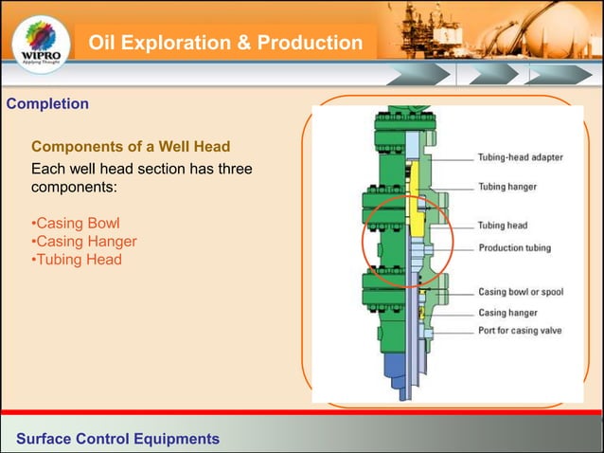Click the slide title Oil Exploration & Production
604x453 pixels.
pyautogui.click(x=225, y=44)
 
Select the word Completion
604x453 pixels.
pyautogui.click(x=47, y=103)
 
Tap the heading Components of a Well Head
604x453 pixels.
pyautogui.click(x=132, y=148)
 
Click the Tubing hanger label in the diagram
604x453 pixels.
pyautogui.click(x=507, y=187)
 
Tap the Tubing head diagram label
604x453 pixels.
pyautogui.click(x=503, y=226)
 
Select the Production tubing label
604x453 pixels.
pyautogui.click(x=514, y=248)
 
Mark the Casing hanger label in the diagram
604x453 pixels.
pyautogui.click(x=507, y=312)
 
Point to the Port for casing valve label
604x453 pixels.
pyautogui.click(x=521, y=331)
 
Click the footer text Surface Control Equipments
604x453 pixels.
pyautogui.click(x=117, y=439)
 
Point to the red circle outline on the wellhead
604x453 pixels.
pyautogui.click(x=364, y=242)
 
